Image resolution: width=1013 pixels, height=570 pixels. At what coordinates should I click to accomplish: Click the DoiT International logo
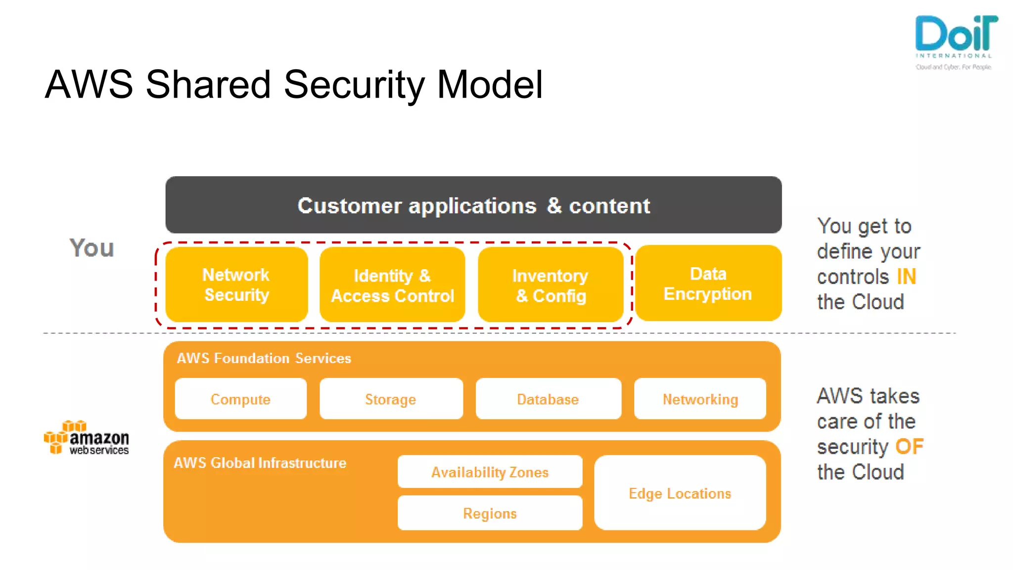pos(955,42)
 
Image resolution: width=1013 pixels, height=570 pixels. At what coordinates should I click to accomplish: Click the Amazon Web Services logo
pos(87,438)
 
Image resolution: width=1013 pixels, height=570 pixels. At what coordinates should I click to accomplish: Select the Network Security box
pos(236,285)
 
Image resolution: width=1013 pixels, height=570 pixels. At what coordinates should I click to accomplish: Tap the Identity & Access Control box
pos(392,285)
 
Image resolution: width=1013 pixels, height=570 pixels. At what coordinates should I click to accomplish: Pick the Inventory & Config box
pos(551,285)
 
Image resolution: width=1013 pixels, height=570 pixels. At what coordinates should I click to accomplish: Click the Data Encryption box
pos(708,284)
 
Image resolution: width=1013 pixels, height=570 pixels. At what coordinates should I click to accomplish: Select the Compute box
pos(240,399)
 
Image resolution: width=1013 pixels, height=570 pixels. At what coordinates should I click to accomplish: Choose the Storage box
pos(391,399)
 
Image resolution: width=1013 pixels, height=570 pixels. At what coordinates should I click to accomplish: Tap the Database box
pos(548,399)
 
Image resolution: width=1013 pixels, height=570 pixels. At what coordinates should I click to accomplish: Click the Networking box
pos(700,399)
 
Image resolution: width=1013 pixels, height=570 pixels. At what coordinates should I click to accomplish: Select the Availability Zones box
pos(490,472)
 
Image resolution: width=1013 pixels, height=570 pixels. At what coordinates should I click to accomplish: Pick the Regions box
pos(490,513)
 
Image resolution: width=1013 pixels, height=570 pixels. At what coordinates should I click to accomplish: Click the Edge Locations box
pos(680,493)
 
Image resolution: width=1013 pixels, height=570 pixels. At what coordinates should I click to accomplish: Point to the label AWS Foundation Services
pos(264,358)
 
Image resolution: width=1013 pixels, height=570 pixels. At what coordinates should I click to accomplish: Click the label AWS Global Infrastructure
pos(260,463)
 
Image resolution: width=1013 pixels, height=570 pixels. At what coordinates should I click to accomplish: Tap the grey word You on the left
pos(92,247)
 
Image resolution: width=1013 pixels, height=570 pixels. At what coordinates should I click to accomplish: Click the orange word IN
pos(906,277)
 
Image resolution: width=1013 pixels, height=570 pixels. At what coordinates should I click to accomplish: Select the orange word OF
pos(909,446)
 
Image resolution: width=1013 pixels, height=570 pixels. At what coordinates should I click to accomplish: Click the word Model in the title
pos(490,85)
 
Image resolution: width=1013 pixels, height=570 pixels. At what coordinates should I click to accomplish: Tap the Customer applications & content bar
pos(473,205)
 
